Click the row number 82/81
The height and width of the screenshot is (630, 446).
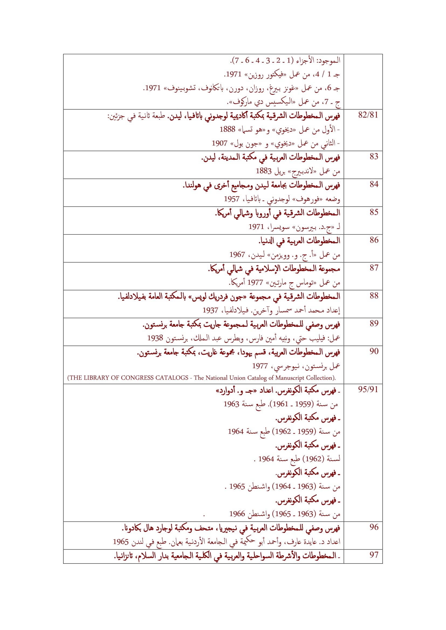[x=368, y=115]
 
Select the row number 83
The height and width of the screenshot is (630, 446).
[x=374, y=156]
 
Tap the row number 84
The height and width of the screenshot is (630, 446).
[x=374, y=184]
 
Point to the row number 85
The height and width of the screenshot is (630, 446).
[x=374, y=212]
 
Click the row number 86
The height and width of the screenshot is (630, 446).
[x=374, y=240]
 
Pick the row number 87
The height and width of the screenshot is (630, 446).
[x=374, y=268]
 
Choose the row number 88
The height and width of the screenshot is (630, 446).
[x=374, y=296]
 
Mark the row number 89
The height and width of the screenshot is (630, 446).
[x=374, y=323]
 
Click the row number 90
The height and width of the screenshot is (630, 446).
[x=374, y=351]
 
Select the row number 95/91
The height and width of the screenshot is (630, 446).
[x=368, y=390]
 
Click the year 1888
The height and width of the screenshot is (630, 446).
[x=227, y=129]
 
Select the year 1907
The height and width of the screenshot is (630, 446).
[x=219, y=143]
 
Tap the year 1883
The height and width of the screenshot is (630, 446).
[x=264, y=171]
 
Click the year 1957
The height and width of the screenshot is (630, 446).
[x=232, y=199]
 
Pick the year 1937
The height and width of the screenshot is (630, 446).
[x=210, y=310]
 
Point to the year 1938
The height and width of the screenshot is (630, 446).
[x=155, y=338]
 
